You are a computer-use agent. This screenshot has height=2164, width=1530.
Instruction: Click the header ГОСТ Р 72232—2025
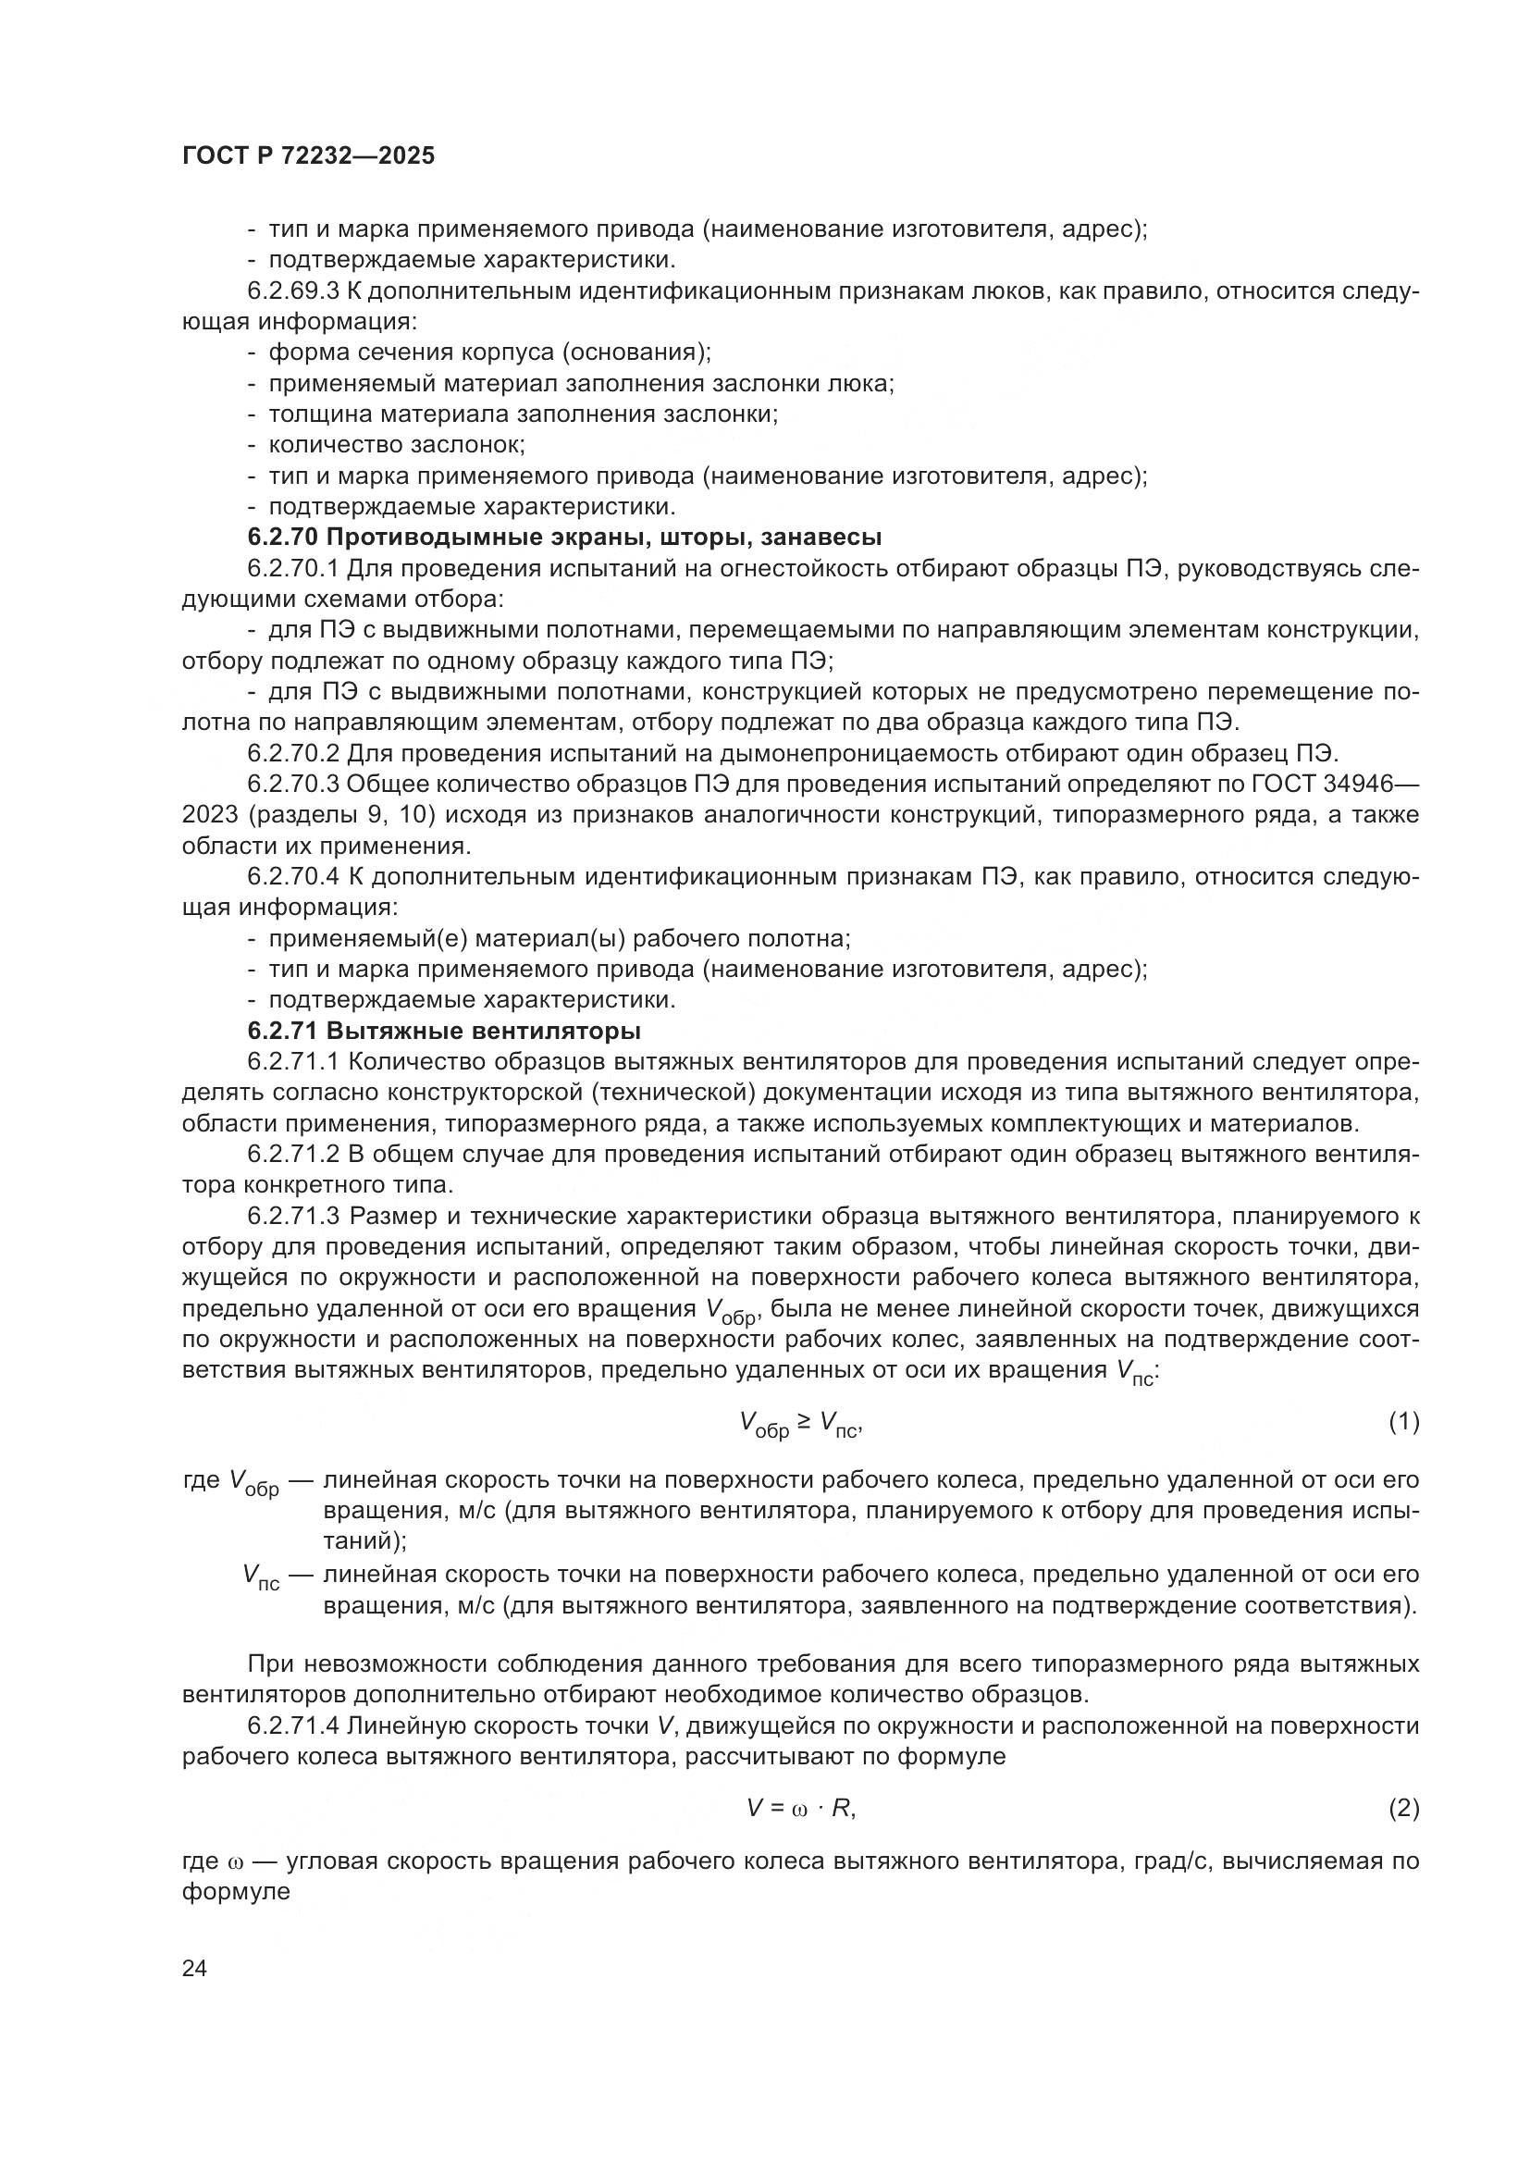308,155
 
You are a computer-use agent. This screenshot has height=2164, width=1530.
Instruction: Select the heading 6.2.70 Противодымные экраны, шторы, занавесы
564,538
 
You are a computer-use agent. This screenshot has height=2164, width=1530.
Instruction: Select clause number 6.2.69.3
293,291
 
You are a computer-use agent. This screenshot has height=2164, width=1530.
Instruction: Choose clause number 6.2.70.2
293,753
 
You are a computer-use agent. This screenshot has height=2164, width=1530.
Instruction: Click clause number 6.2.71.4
293,1725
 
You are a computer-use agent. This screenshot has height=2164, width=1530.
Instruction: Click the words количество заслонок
397,444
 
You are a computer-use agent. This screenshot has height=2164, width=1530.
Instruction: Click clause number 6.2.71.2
293,1154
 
